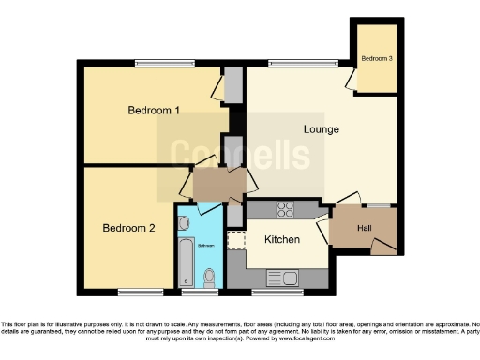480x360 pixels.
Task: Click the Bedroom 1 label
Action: pos(153,111)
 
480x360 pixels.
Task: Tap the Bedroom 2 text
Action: pos(128,228)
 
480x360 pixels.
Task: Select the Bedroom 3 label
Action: pos(376,59)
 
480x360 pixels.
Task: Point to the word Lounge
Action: pos(321,128)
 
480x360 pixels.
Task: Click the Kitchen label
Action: pos(281,239)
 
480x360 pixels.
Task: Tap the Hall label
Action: pos(365,228)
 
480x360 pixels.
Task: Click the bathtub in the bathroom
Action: pos(184,262)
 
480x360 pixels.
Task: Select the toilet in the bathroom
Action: pos(209,276)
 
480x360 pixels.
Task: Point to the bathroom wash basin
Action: pos(183,223)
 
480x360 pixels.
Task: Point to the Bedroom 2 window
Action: pos(131,291)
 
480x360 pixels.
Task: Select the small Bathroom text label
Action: pos(205,246)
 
